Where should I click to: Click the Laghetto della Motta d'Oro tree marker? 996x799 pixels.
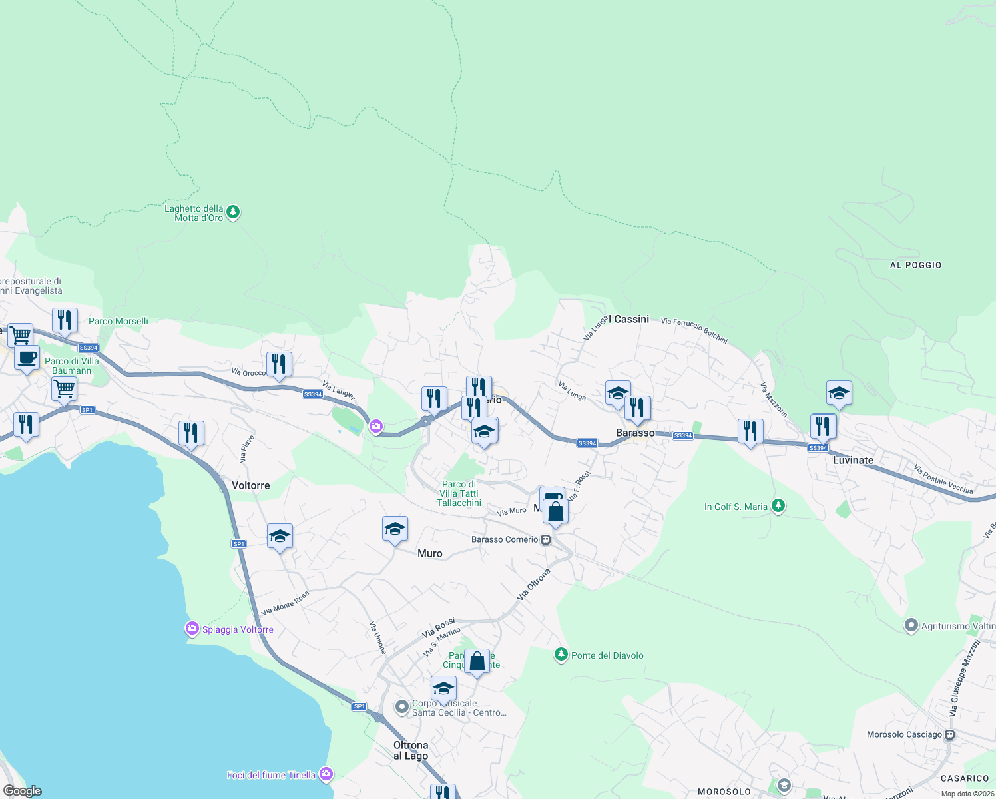coord(232,212)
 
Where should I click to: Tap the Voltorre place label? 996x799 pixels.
coord(250,485)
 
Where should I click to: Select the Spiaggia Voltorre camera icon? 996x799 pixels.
coord(192,629)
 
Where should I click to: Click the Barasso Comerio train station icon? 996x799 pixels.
coord(546,540)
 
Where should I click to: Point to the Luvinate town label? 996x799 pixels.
coord(853,460)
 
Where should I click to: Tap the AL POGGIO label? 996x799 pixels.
coord(915,265)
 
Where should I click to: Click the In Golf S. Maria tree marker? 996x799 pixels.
coord(777,507)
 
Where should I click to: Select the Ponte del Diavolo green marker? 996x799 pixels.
coord(561,655)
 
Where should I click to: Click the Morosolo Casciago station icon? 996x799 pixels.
coord(949,735)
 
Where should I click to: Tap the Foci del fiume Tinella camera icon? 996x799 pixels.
coord(326,774)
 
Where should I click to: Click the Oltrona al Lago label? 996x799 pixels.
coord(411,750)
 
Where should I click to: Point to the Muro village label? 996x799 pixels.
coord(429,553)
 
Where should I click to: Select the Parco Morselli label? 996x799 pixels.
coord(119,321)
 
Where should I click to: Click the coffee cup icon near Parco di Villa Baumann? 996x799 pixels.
coord(27,358)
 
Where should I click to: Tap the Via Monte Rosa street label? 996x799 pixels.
coord(285,603)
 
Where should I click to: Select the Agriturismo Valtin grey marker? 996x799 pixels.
coord(911,626)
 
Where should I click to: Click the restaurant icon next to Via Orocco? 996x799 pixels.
coord(279,364)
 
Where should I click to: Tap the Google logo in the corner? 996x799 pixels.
coord(23,791)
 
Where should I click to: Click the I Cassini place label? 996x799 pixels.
coord(628,319)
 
